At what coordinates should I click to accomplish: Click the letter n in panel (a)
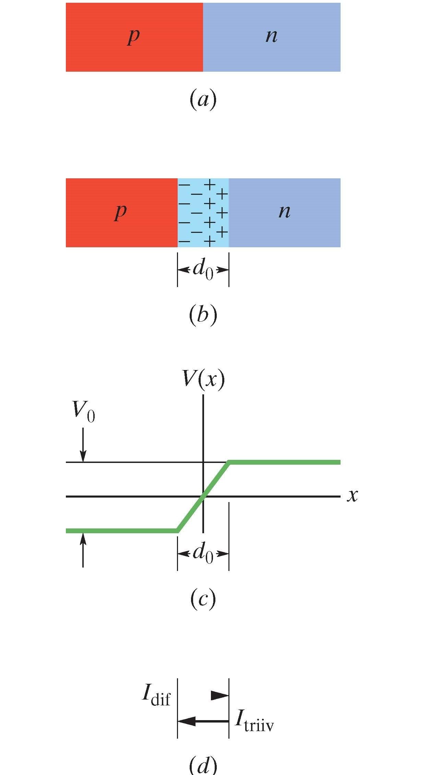(x=271, y=36)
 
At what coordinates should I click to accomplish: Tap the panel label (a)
(x=203, y=99)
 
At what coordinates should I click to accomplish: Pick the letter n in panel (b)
(x=284, y=212)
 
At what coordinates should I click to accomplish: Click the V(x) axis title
(x=203, y=379)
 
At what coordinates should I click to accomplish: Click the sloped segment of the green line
(x=203, y=497)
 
